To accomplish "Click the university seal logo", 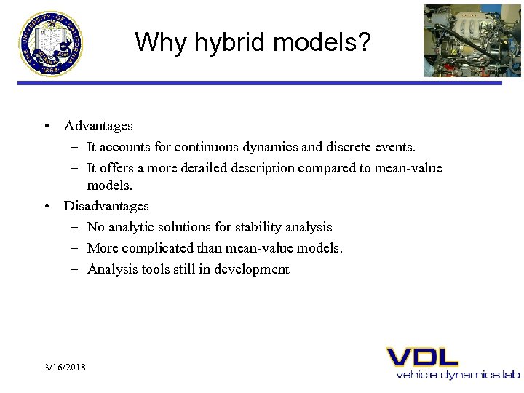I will [x=51, y=43].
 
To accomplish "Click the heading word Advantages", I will [x=98, y=126].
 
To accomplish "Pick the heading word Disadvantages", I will [x=106, y=206].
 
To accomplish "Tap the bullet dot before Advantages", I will [x=47, y=126].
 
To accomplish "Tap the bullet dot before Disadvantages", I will [x=47, y=206].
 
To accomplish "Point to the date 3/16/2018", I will [x=64, y=367].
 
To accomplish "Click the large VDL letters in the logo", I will [x=422, y=357].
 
